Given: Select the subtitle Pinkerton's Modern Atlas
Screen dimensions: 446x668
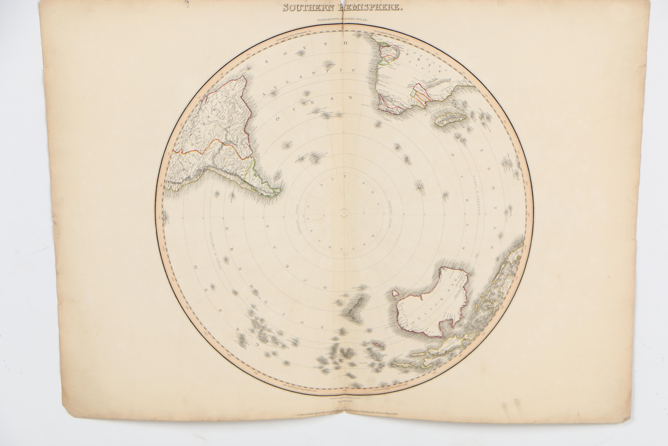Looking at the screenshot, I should (x=342, y=20).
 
